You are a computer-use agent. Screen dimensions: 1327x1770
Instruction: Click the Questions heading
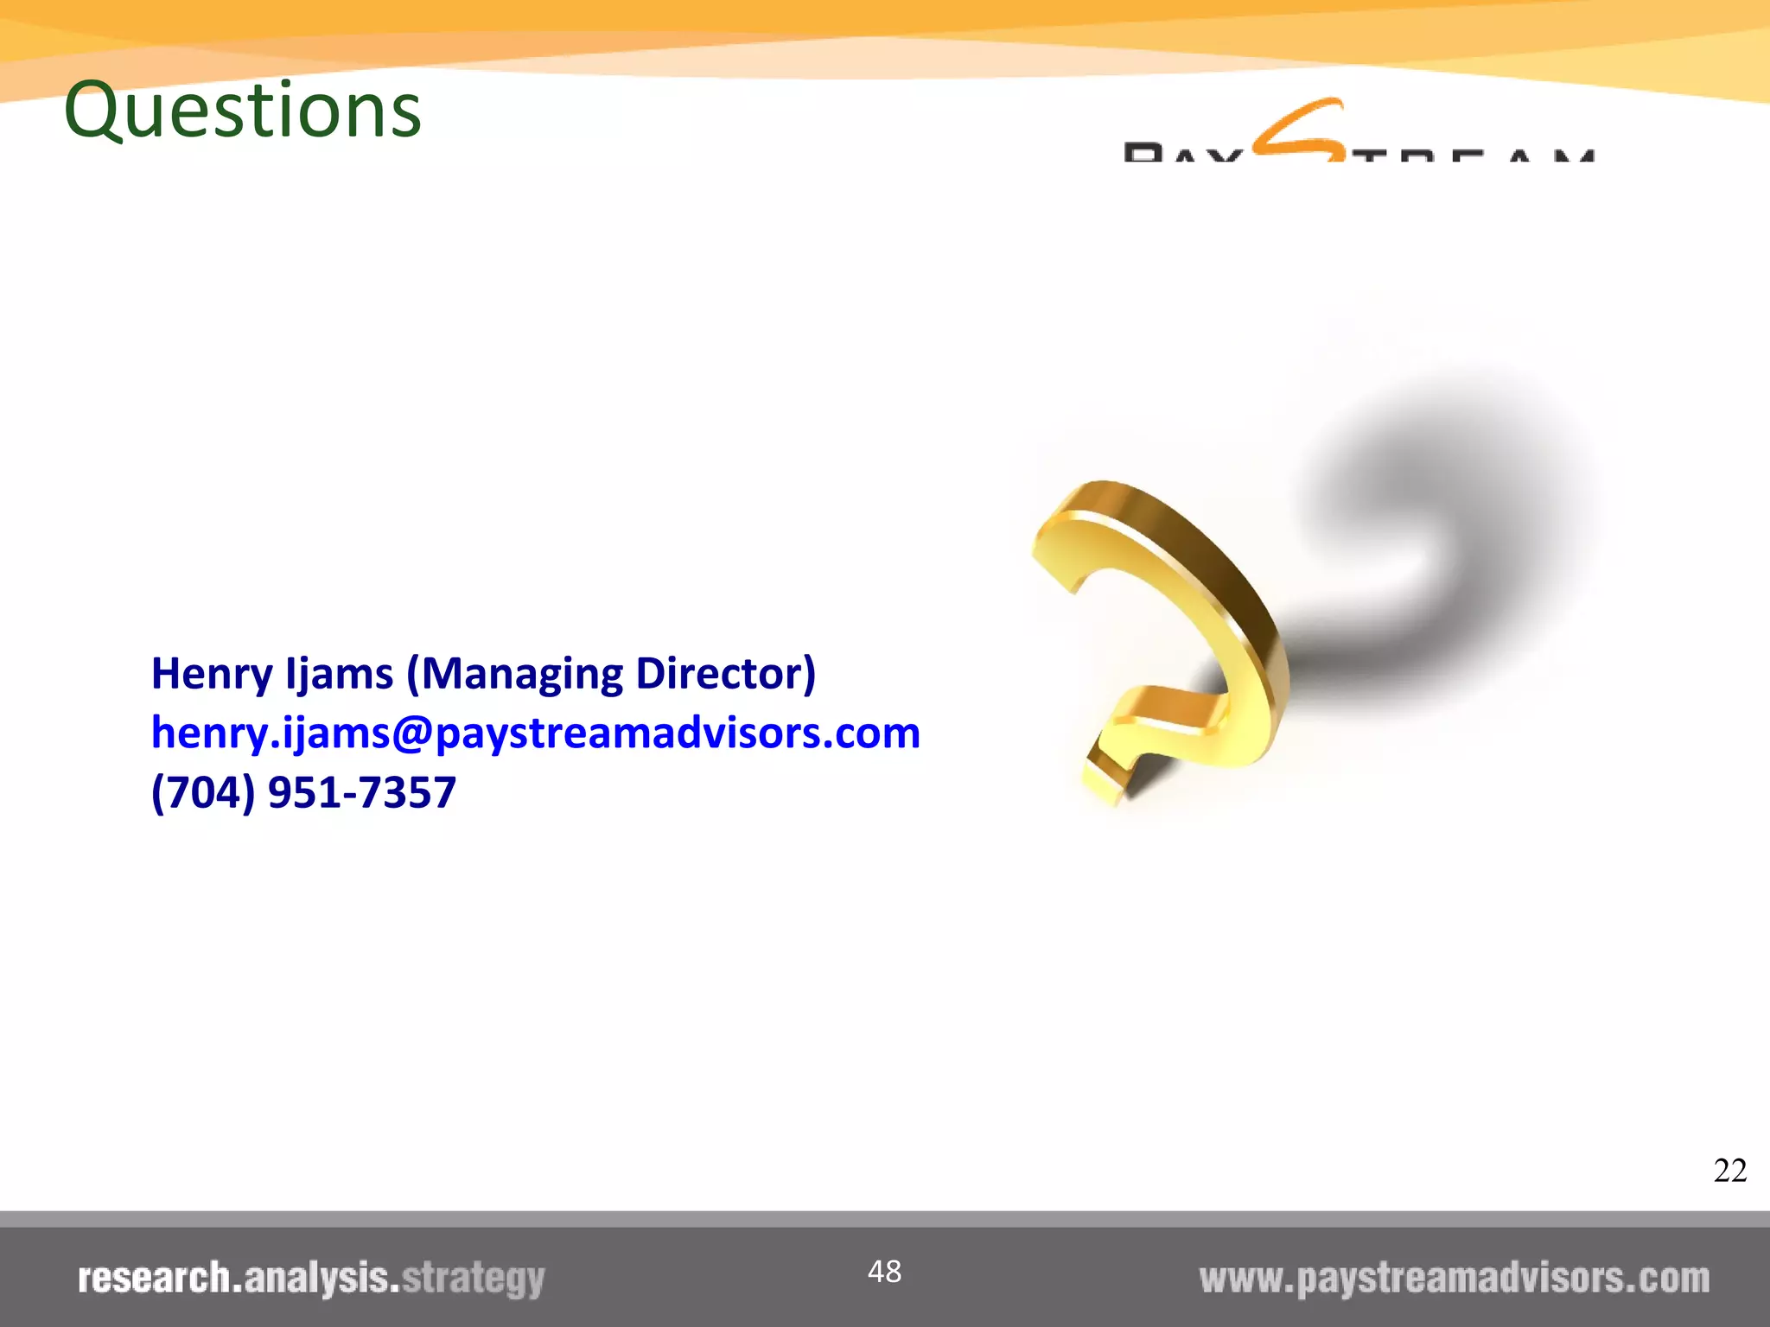[x=243, y=110]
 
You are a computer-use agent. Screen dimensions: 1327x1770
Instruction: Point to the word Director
[x=724, y=674]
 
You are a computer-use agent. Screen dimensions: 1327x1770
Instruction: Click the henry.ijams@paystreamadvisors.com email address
[x=536, y=733]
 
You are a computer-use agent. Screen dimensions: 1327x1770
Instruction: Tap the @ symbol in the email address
[x=412, y=733]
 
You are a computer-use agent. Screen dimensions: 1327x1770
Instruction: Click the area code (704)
[x=203, y=792]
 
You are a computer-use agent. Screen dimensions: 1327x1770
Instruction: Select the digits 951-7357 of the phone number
[x=362, y=792]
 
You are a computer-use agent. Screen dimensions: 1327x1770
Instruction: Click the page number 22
[x=1729, y=1171]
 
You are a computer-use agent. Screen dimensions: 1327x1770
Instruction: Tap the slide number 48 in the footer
[x=884, y=1272]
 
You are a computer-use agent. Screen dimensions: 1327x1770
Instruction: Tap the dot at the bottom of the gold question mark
[x=1106, y=778]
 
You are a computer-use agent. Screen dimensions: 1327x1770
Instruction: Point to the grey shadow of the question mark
[x=1452, y=518]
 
